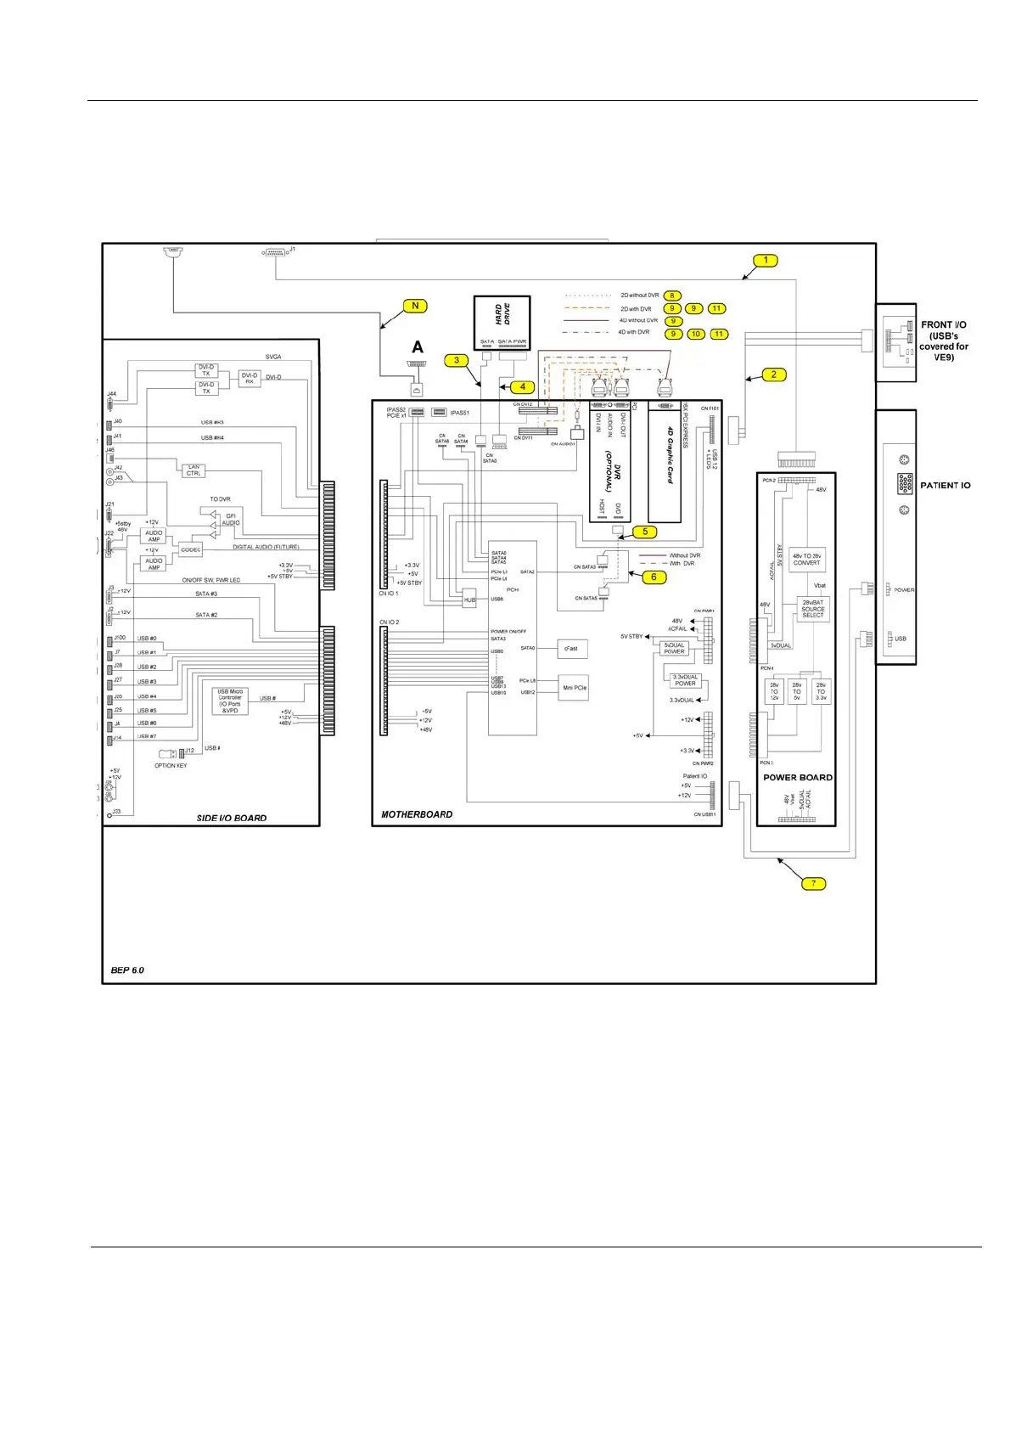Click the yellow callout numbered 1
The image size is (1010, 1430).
coord(766,261)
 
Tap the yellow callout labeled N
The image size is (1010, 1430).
coord(415,306)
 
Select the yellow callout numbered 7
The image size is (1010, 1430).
coord(813,883)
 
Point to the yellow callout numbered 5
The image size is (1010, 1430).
coord(644,532)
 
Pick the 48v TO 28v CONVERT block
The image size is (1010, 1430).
coord(806,559)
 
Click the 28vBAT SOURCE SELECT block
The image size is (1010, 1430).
coord(813,608)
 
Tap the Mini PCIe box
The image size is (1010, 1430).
coord(575,688)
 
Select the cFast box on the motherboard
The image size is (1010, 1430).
coord(571,649)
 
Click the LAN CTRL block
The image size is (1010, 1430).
coord(194,470)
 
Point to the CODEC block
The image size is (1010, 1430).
coord(191,549)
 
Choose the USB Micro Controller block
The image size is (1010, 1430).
coord(230,701)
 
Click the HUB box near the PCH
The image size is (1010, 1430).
coord(469,600)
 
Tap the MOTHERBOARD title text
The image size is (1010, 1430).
coord(417,814)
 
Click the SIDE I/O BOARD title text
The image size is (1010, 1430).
coord(232,818)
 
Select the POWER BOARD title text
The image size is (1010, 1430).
coord(797,777)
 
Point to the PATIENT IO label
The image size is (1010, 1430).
coord(945,486)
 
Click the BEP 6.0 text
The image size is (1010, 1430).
coord(127,969)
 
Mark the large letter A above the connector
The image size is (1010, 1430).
coord(418,347)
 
